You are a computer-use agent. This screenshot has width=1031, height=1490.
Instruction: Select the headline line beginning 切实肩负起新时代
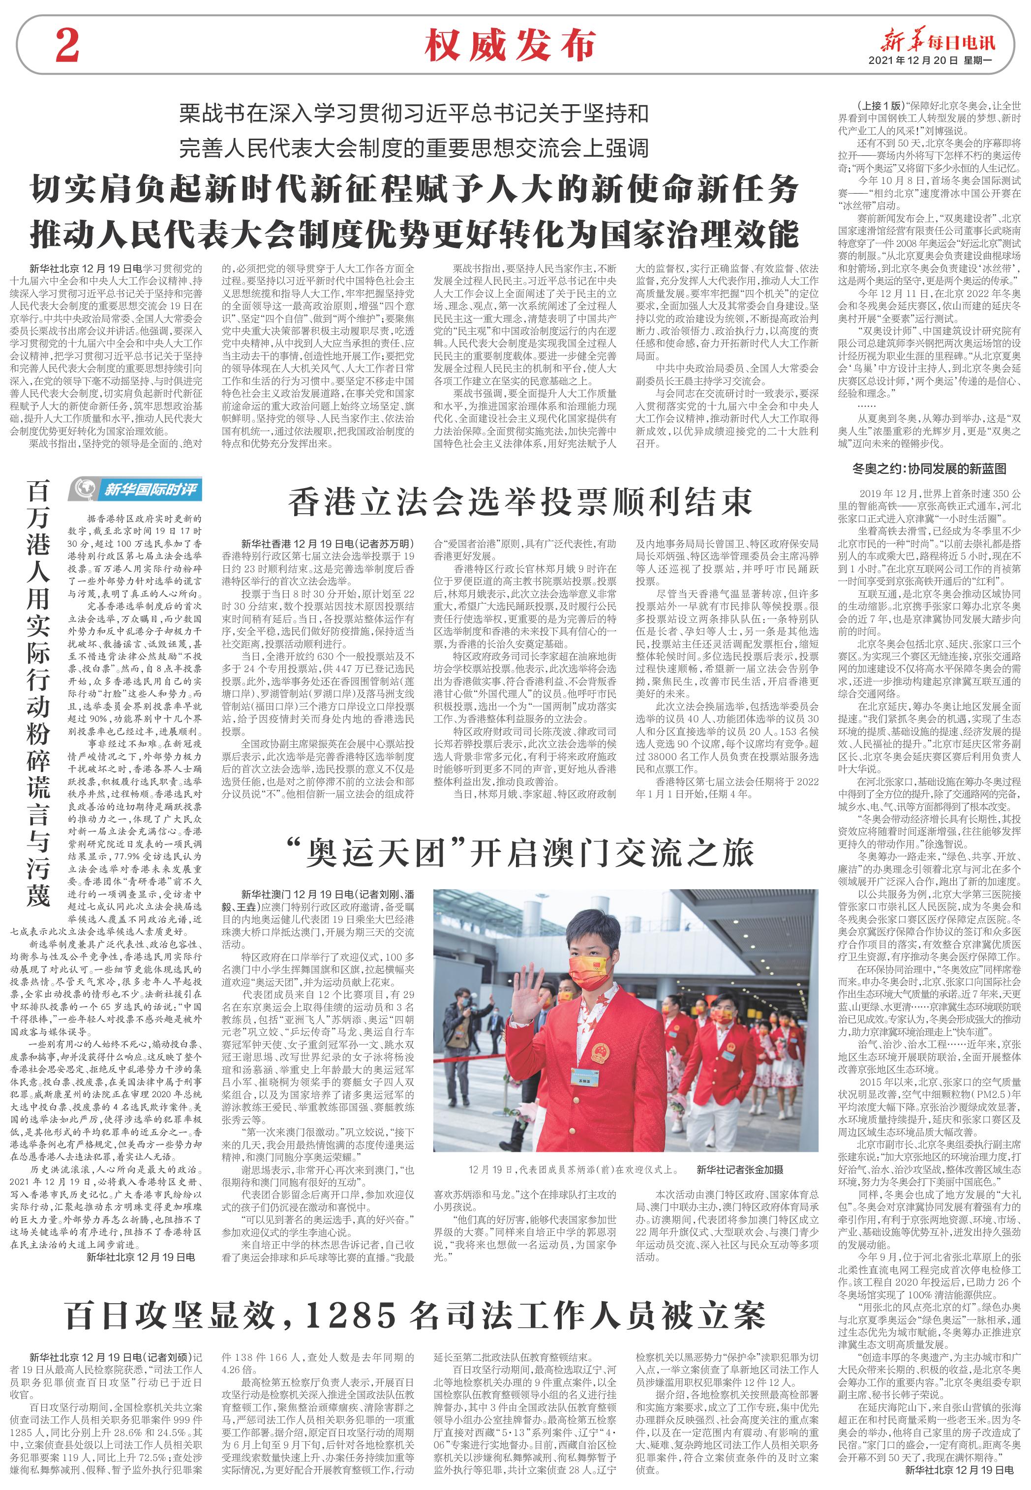pos(414,192)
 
